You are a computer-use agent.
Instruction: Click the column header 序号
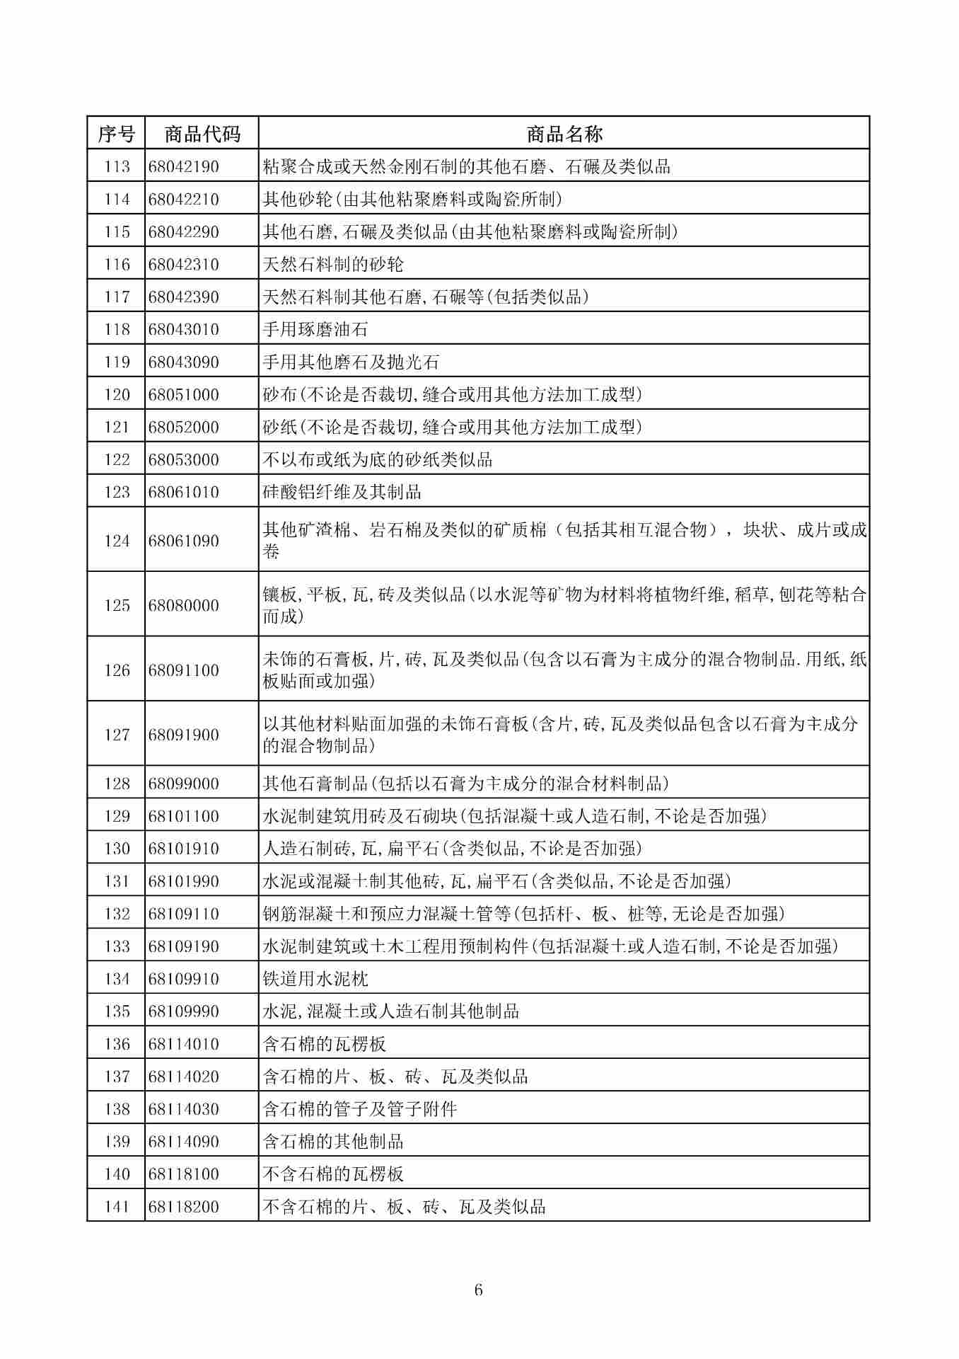tap(116, 133)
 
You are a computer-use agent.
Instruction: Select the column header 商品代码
tap(202, 133)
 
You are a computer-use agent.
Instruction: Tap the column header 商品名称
tap(564, 133)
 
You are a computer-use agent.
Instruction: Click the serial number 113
tap(117, 166)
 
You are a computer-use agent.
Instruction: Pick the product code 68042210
tap(184, 199)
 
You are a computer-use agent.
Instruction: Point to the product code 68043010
tap(184, 329)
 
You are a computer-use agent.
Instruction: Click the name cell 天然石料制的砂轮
tap(333, 264)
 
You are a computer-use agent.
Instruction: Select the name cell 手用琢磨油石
tap(315, 329)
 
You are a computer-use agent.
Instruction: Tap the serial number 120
tap(117, 394)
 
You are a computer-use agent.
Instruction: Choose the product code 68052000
tap(184, 427)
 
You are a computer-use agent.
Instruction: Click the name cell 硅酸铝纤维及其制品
tap(342, 492)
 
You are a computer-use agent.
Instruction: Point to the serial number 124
tap(117, 541)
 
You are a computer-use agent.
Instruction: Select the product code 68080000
tap(184, 605)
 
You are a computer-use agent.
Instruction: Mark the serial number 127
tap(117, 735)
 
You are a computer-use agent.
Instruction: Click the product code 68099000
tap(184, 784)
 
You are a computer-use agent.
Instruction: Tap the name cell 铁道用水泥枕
tap(315, 979)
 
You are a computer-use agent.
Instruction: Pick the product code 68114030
tap(184, 1109)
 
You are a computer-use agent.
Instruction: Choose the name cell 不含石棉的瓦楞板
tap(333, 1174)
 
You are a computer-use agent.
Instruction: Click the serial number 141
tap(117, 1207)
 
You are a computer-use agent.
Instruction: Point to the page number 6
tap(479, 1290)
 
